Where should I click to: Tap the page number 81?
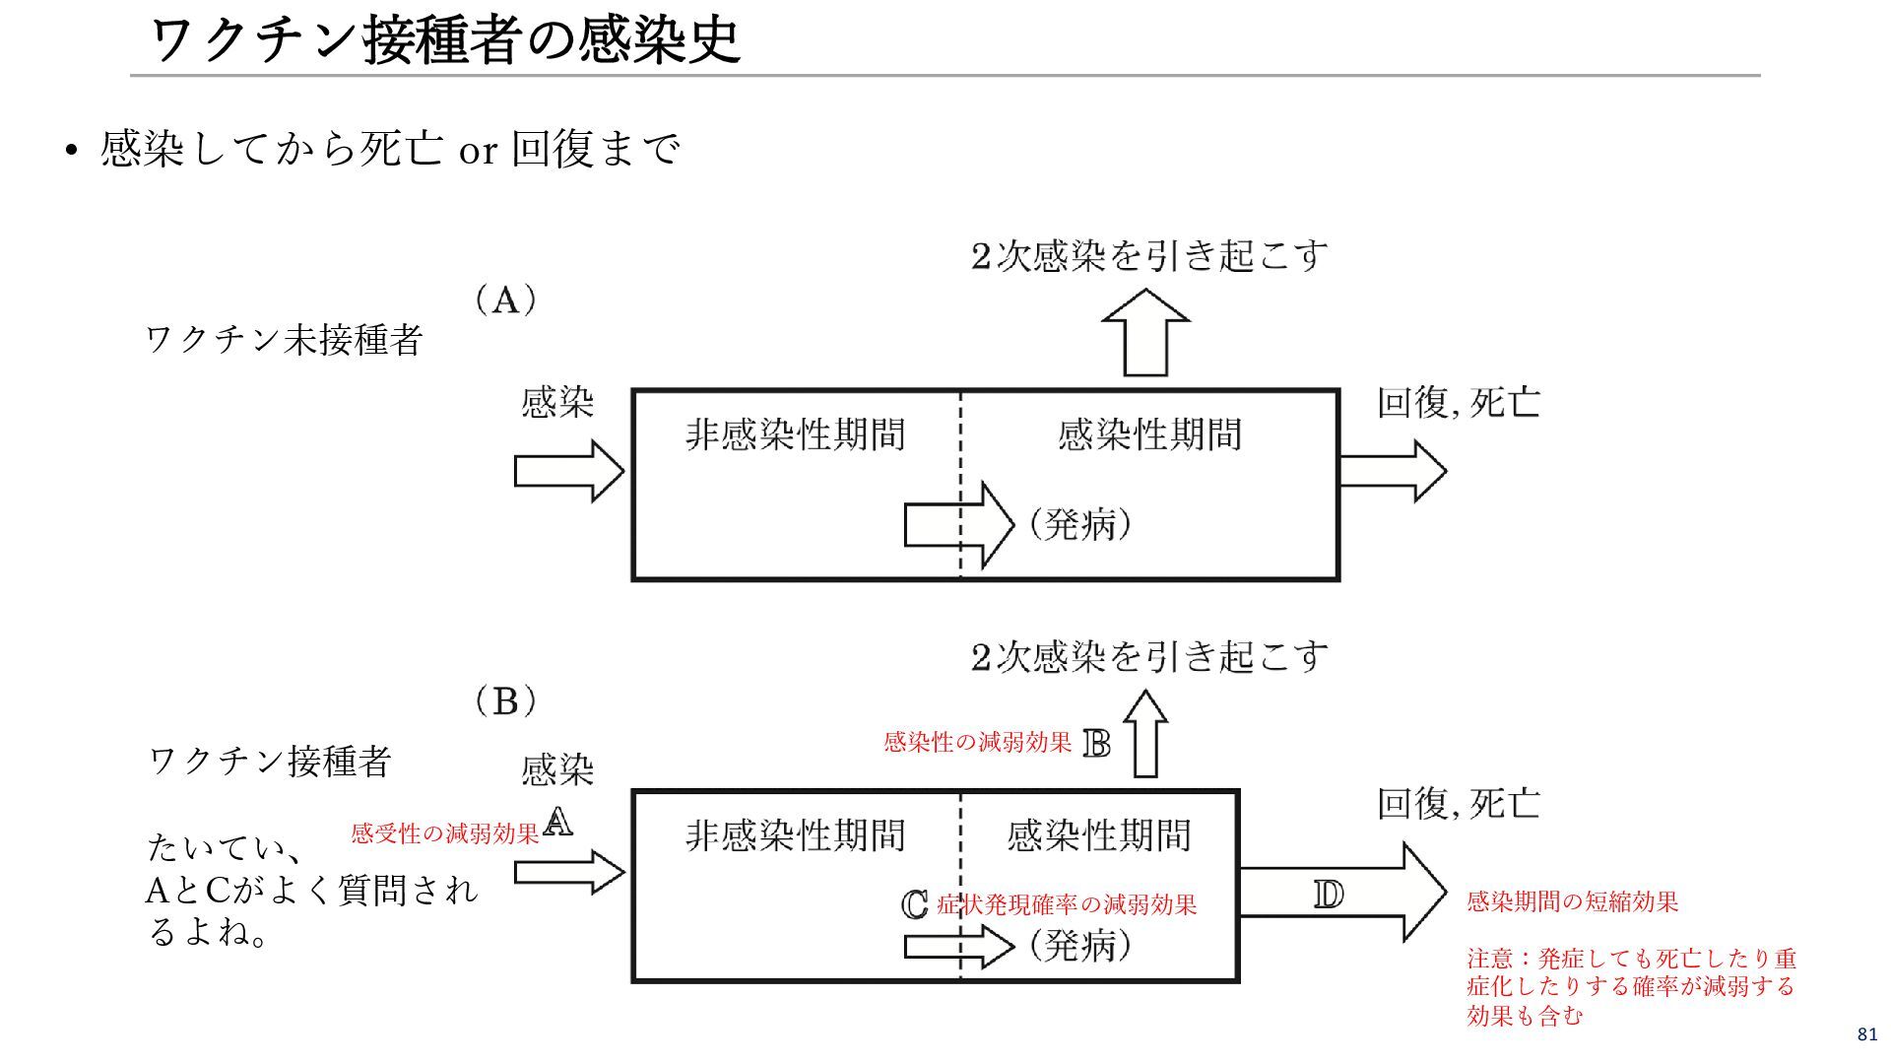point(1866,1034)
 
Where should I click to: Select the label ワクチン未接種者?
point(284,340)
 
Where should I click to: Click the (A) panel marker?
point(505,299)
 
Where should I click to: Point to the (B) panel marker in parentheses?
point(505,701)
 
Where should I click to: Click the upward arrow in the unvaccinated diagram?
point(1145,333)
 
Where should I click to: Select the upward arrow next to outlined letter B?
point(1145,734)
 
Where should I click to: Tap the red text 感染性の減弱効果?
point(977,742)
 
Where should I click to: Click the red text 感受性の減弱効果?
point(445,833)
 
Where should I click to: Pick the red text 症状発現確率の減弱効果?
point(1067,904)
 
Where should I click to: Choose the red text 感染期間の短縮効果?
point(1572,901)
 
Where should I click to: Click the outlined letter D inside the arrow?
point(1328,895)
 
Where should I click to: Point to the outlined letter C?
point(915,904)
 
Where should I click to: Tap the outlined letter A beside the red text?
point(557,822)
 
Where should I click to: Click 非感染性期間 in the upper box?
point(795,434)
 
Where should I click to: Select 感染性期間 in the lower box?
point(1098,835)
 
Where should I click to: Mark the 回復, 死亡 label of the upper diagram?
point(1458,402)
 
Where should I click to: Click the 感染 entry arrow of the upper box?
point(568,471)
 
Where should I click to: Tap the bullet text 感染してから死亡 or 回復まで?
point(390,150)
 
